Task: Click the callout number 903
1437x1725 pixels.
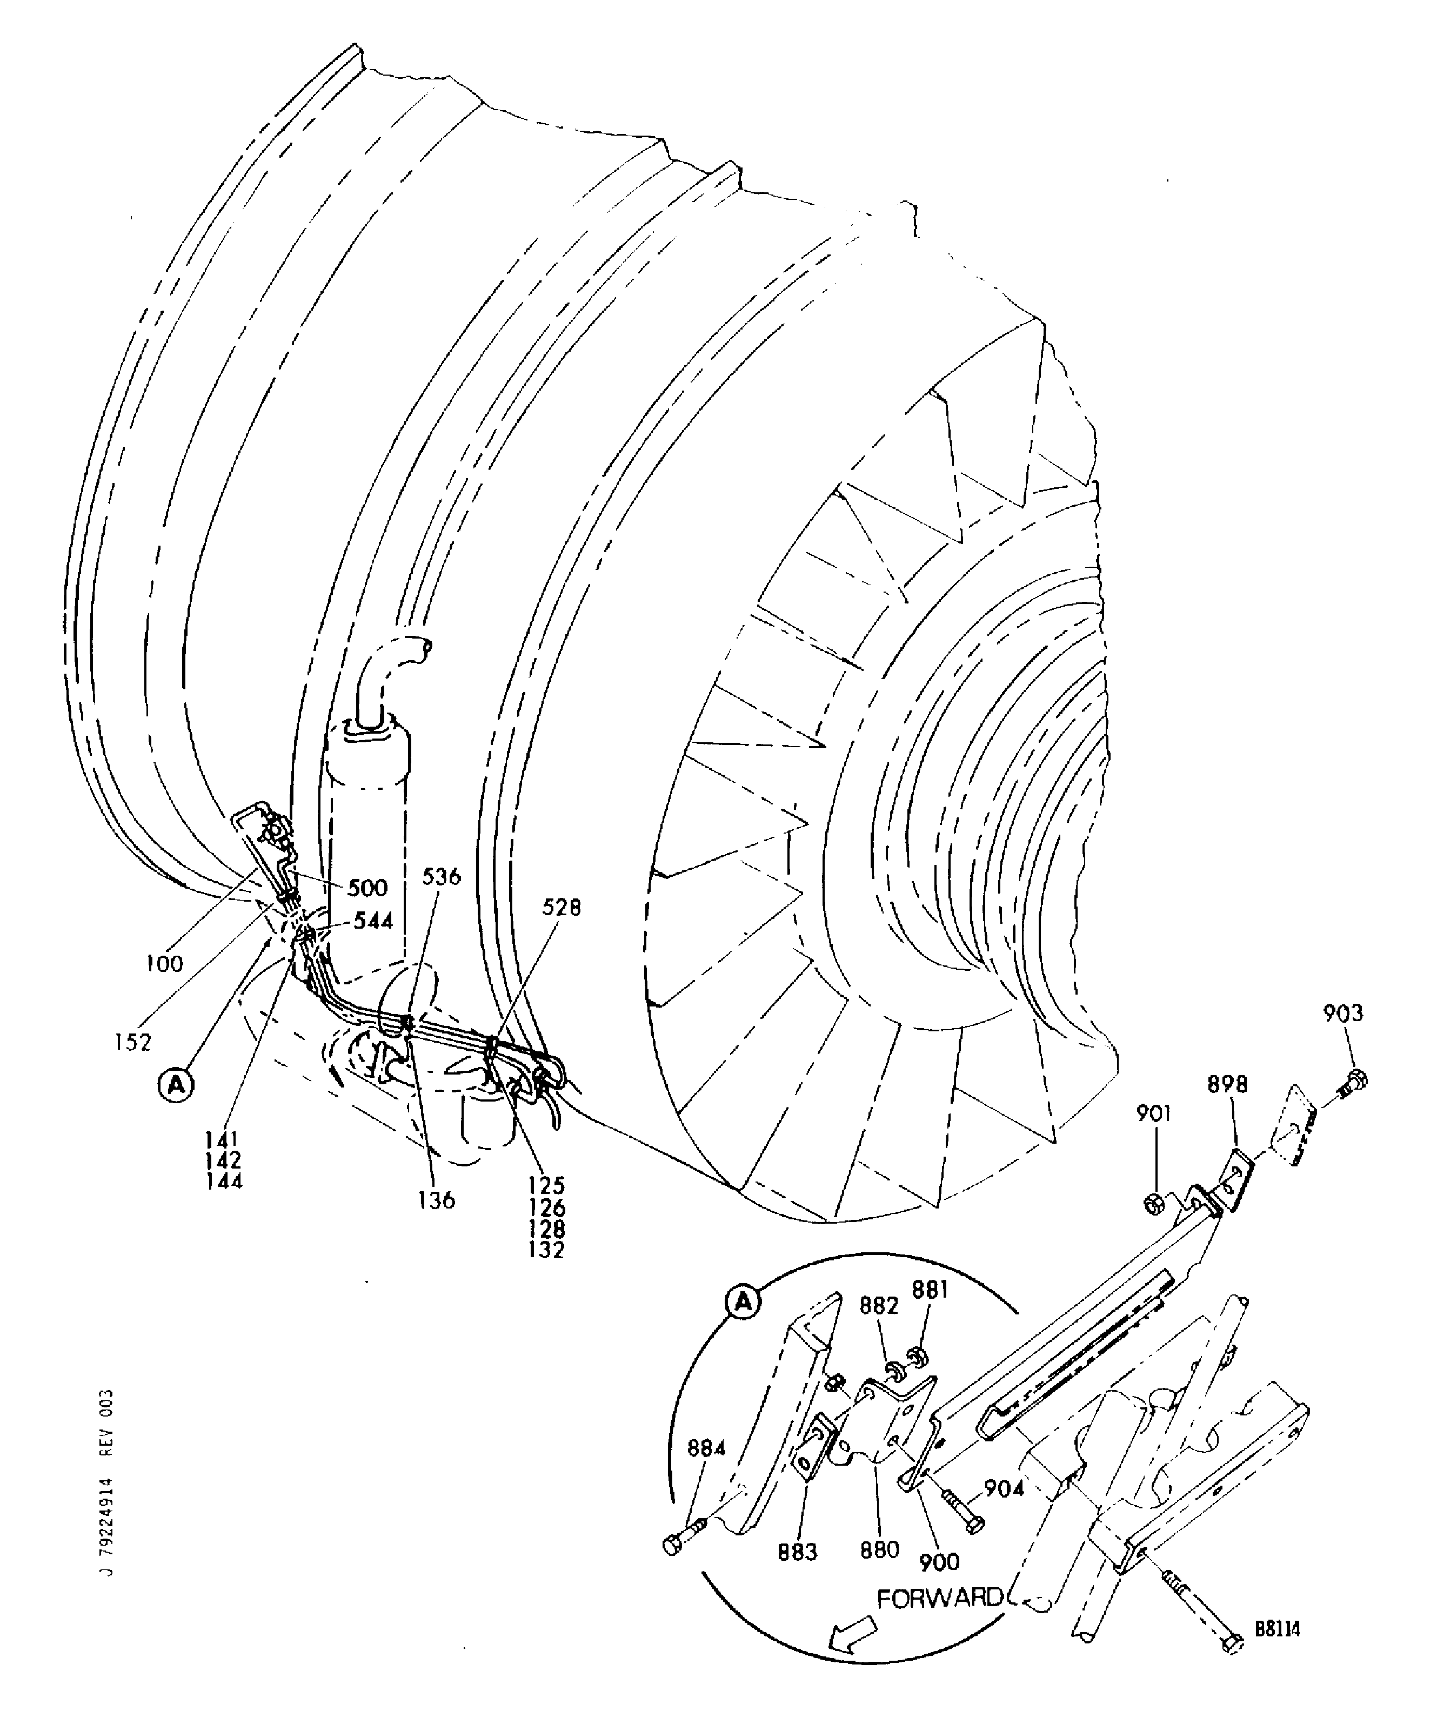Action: (x=1342, y=1013)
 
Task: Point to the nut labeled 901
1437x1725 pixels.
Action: (x=1153, y=1205)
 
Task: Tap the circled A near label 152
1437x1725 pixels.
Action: (x=175, y=1086)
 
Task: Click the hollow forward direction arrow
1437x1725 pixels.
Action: (x=851, y=1639)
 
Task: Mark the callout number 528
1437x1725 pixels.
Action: (x=561, y=907)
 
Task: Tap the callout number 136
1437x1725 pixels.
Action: (x=436, y=1200)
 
